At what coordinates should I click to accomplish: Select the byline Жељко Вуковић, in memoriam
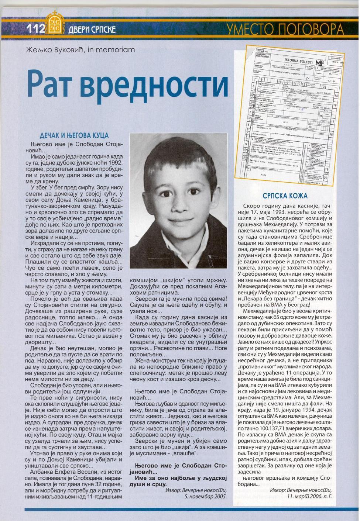[80, 49]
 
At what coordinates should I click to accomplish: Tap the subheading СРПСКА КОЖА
[285, 195]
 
